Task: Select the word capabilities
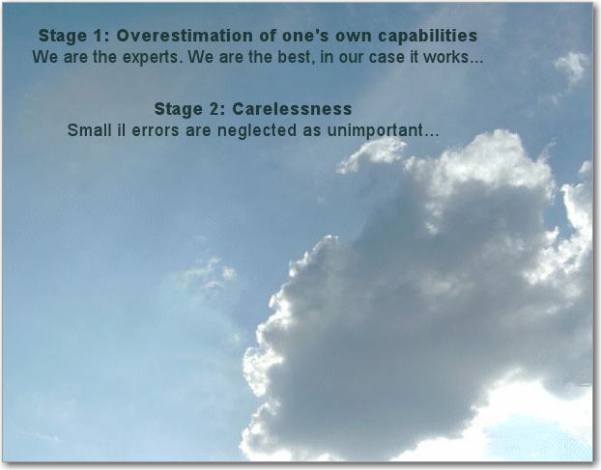[x=427, y=37]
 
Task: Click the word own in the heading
[x=353, y=37]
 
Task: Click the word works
[x=445, y=57]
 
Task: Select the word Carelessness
[x=292, y=109]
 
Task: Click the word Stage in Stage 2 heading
[x=178, y=110]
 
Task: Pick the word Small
[x=89, y=130]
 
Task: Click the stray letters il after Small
[x=121, y=130]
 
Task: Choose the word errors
[x=156, y=131]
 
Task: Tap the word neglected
[x=257, y=131]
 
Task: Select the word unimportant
[x=375, y=131]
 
